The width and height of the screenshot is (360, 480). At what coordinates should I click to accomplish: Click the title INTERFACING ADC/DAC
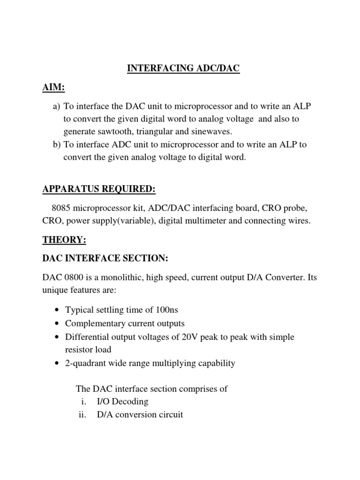(183, 68)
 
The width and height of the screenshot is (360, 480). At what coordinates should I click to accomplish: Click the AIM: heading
(53, 87)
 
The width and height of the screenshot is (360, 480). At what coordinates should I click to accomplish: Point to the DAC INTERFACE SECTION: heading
(105, 258)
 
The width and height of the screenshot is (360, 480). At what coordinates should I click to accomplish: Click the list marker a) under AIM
(57, 106)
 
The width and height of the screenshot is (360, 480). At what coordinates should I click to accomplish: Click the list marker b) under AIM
(57, 144)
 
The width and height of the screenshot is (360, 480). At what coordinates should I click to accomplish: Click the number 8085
(60, 208)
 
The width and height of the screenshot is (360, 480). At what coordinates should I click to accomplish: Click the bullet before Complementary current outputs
(57, 324)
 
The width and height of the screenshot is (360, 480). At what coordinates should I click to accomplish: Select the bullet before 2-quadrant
(57, 363)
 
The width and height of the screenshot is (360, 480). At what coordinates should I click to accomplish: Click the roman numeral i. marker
(84, 402)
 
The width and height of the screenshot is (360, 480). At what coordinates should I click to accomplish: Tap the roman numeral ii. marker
(83, 415)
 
